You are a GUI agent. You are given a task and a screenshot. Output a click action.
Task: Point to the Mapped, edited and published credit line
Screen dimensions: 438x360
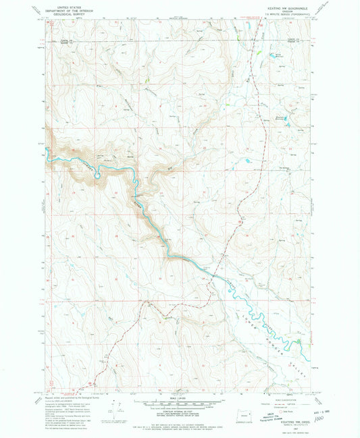click(61, 398)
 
